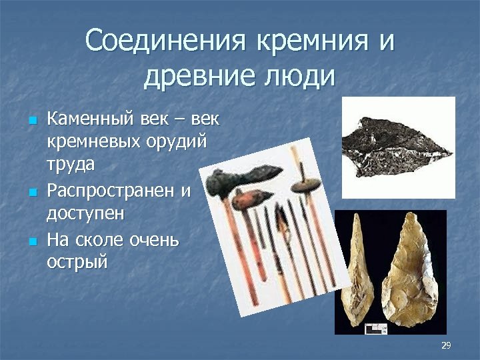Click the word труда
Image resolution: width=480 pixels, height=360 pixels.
click(x=71, y=164)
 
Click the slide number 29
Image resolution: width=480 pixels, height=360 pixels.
click(x=446, y=345)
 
